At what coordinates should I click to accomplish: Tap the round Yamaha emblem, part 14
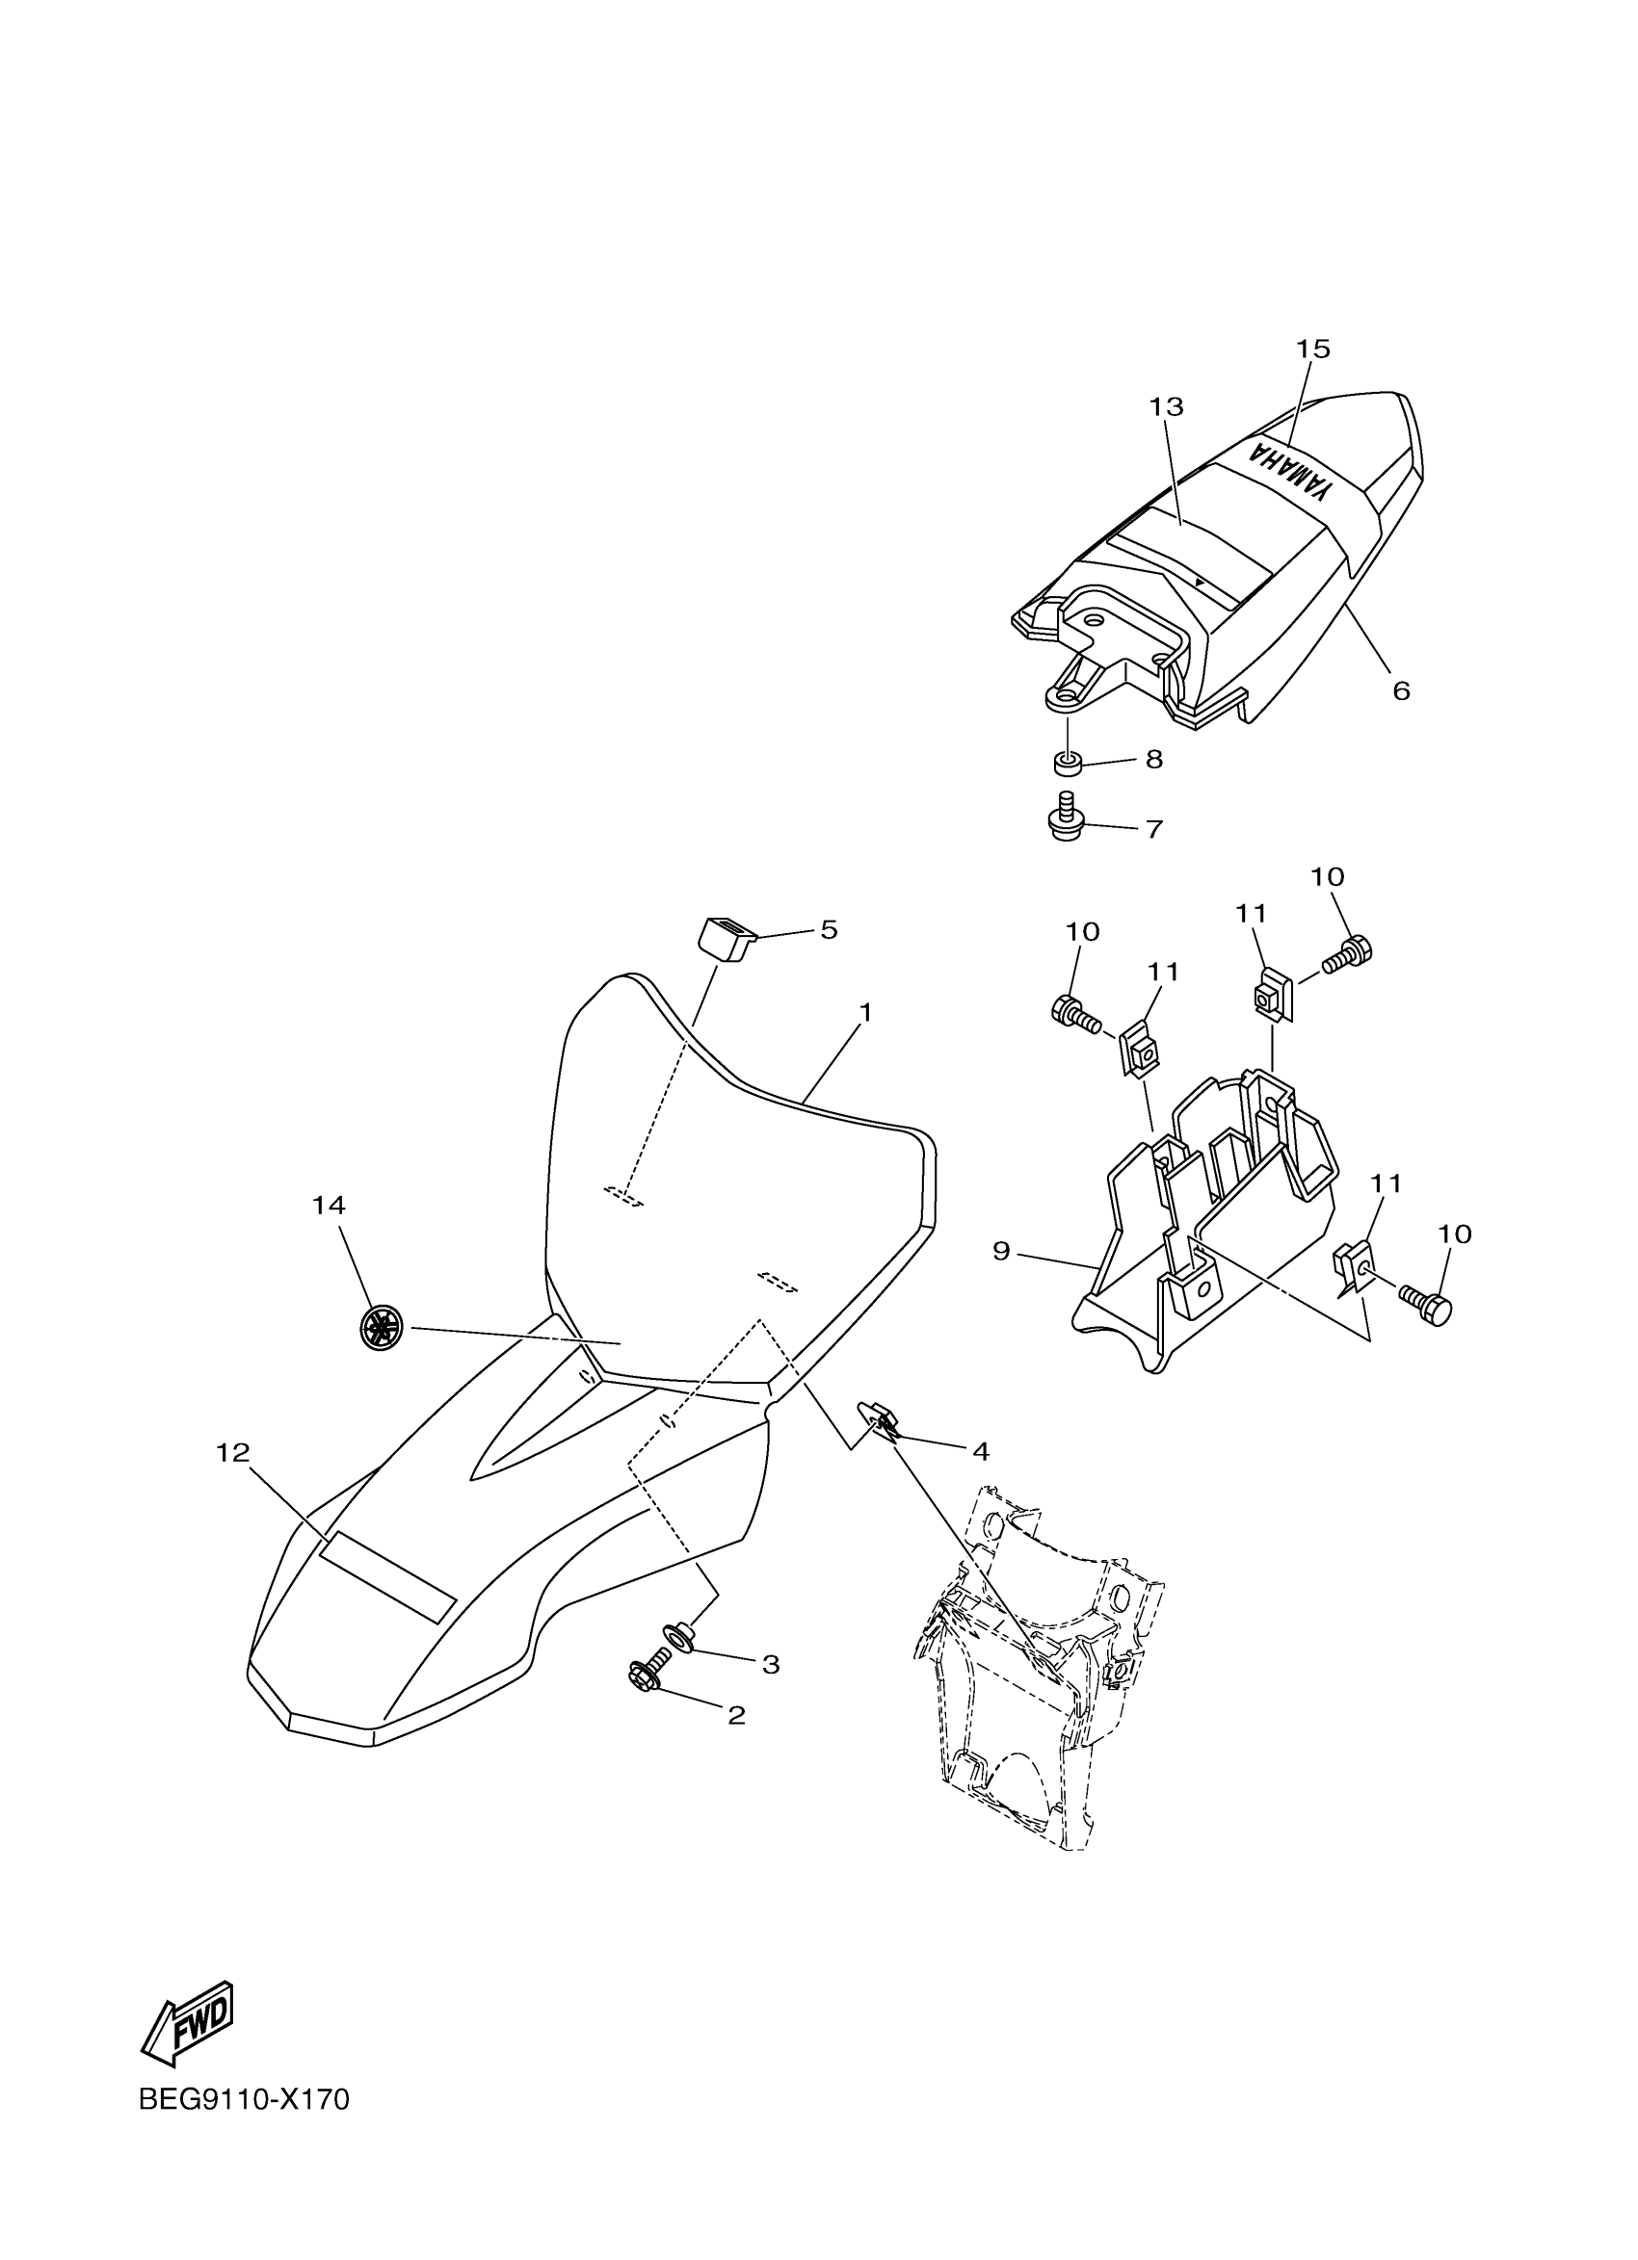(382, 1328)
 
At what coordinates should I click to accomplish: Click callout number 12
(232, 1454)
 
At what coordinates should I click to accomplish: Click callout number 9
(1002, 1251)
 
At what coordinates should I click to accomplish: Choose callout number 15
(1313, 349)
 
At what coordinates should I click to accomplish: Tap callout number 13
(1166, 406)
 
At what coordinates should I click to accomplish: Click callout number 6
(1401, 690)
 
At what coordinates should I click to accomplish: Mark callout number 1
(865, 1012)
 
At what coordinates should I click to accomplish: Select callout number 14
(329, 1206)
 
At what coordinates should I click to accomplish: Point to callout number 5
(829, 929)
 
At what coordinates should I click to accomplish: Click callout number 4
(980, 1452)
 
